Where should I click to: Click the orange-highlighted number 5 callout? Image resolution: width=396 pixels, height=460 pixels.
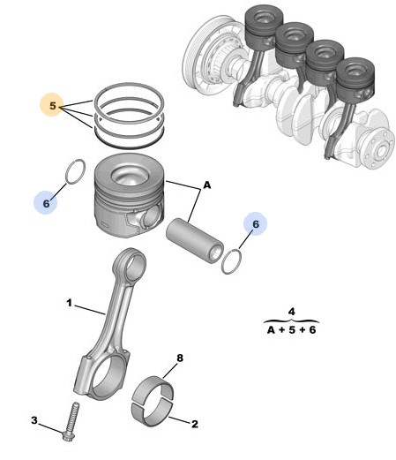(52, 105)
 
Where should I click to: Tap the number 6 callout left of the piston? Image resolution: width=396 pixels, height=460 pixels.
(46, 203)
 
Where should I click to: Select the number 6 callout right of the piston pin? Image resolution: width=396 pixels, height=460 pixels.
(256, 224)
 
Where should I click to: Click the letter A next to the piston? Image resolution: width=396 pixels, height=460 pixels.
(207, 185)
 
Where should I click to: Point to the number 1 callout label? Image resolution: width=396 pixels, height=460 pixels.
(69, 303)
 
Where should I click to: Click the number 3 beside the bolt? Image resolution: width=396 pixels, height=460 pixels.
(34, 420)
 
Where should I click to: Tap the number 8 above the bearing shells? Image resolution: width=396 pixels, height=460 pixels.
(180, 358)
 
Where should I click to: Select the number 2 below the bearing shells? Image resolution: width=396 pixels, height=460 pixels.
(195, 424)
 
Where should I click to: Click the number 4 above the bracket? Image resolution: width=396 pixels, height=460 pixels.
(291, 312)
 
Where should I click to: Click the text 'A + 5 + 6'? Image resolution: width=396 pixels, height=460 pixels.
(291, 330)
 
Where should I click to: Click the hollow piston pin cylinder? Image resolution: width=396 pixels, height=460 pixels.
(195, 239)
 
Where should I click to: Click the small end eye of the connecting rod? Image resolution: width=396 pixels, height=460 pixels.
(130, 263)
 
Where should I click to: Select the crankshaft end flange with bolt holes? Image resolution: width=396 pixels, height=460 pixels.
(379, 148)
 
